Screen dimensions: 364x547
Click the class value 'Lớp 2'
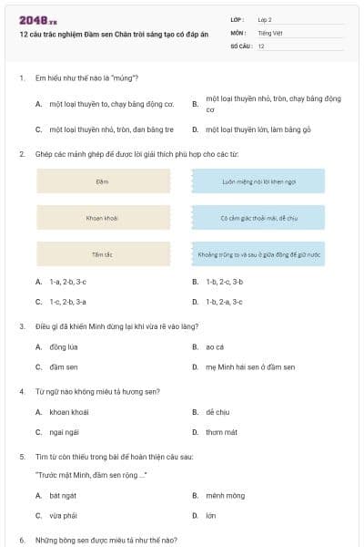pyautogui.click(x=265, y=18)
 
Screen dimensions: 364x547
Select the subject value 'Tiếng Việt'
pyautogui.click(x=269, y=32)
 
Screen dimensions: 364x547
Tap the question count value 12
pyautogui.click(x=261, y=45)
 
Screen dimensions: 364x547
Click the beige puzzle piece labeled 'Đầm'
pyautogui.click(x=102, y=181)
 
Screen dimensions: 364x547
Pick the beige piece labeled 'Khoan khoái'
pyautogui.click(x=102, y=218)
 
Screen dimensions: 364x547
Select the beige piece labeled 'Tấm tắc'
pyautogui.click(x=102, y=254)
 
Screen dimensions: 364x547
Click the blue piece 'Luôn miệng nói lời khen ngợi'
pyautogui.click(x=259, y=181)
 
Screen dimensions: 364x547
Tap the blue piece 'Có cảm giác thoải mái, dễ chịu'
pyautogui.click(x=259, y=218)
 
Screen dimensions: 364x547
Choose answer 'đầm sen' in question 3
pyautogui.click(x=63, y=366)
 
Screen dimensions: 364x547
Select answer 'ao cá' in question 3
pyautogui.click(x=216, y=346)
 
